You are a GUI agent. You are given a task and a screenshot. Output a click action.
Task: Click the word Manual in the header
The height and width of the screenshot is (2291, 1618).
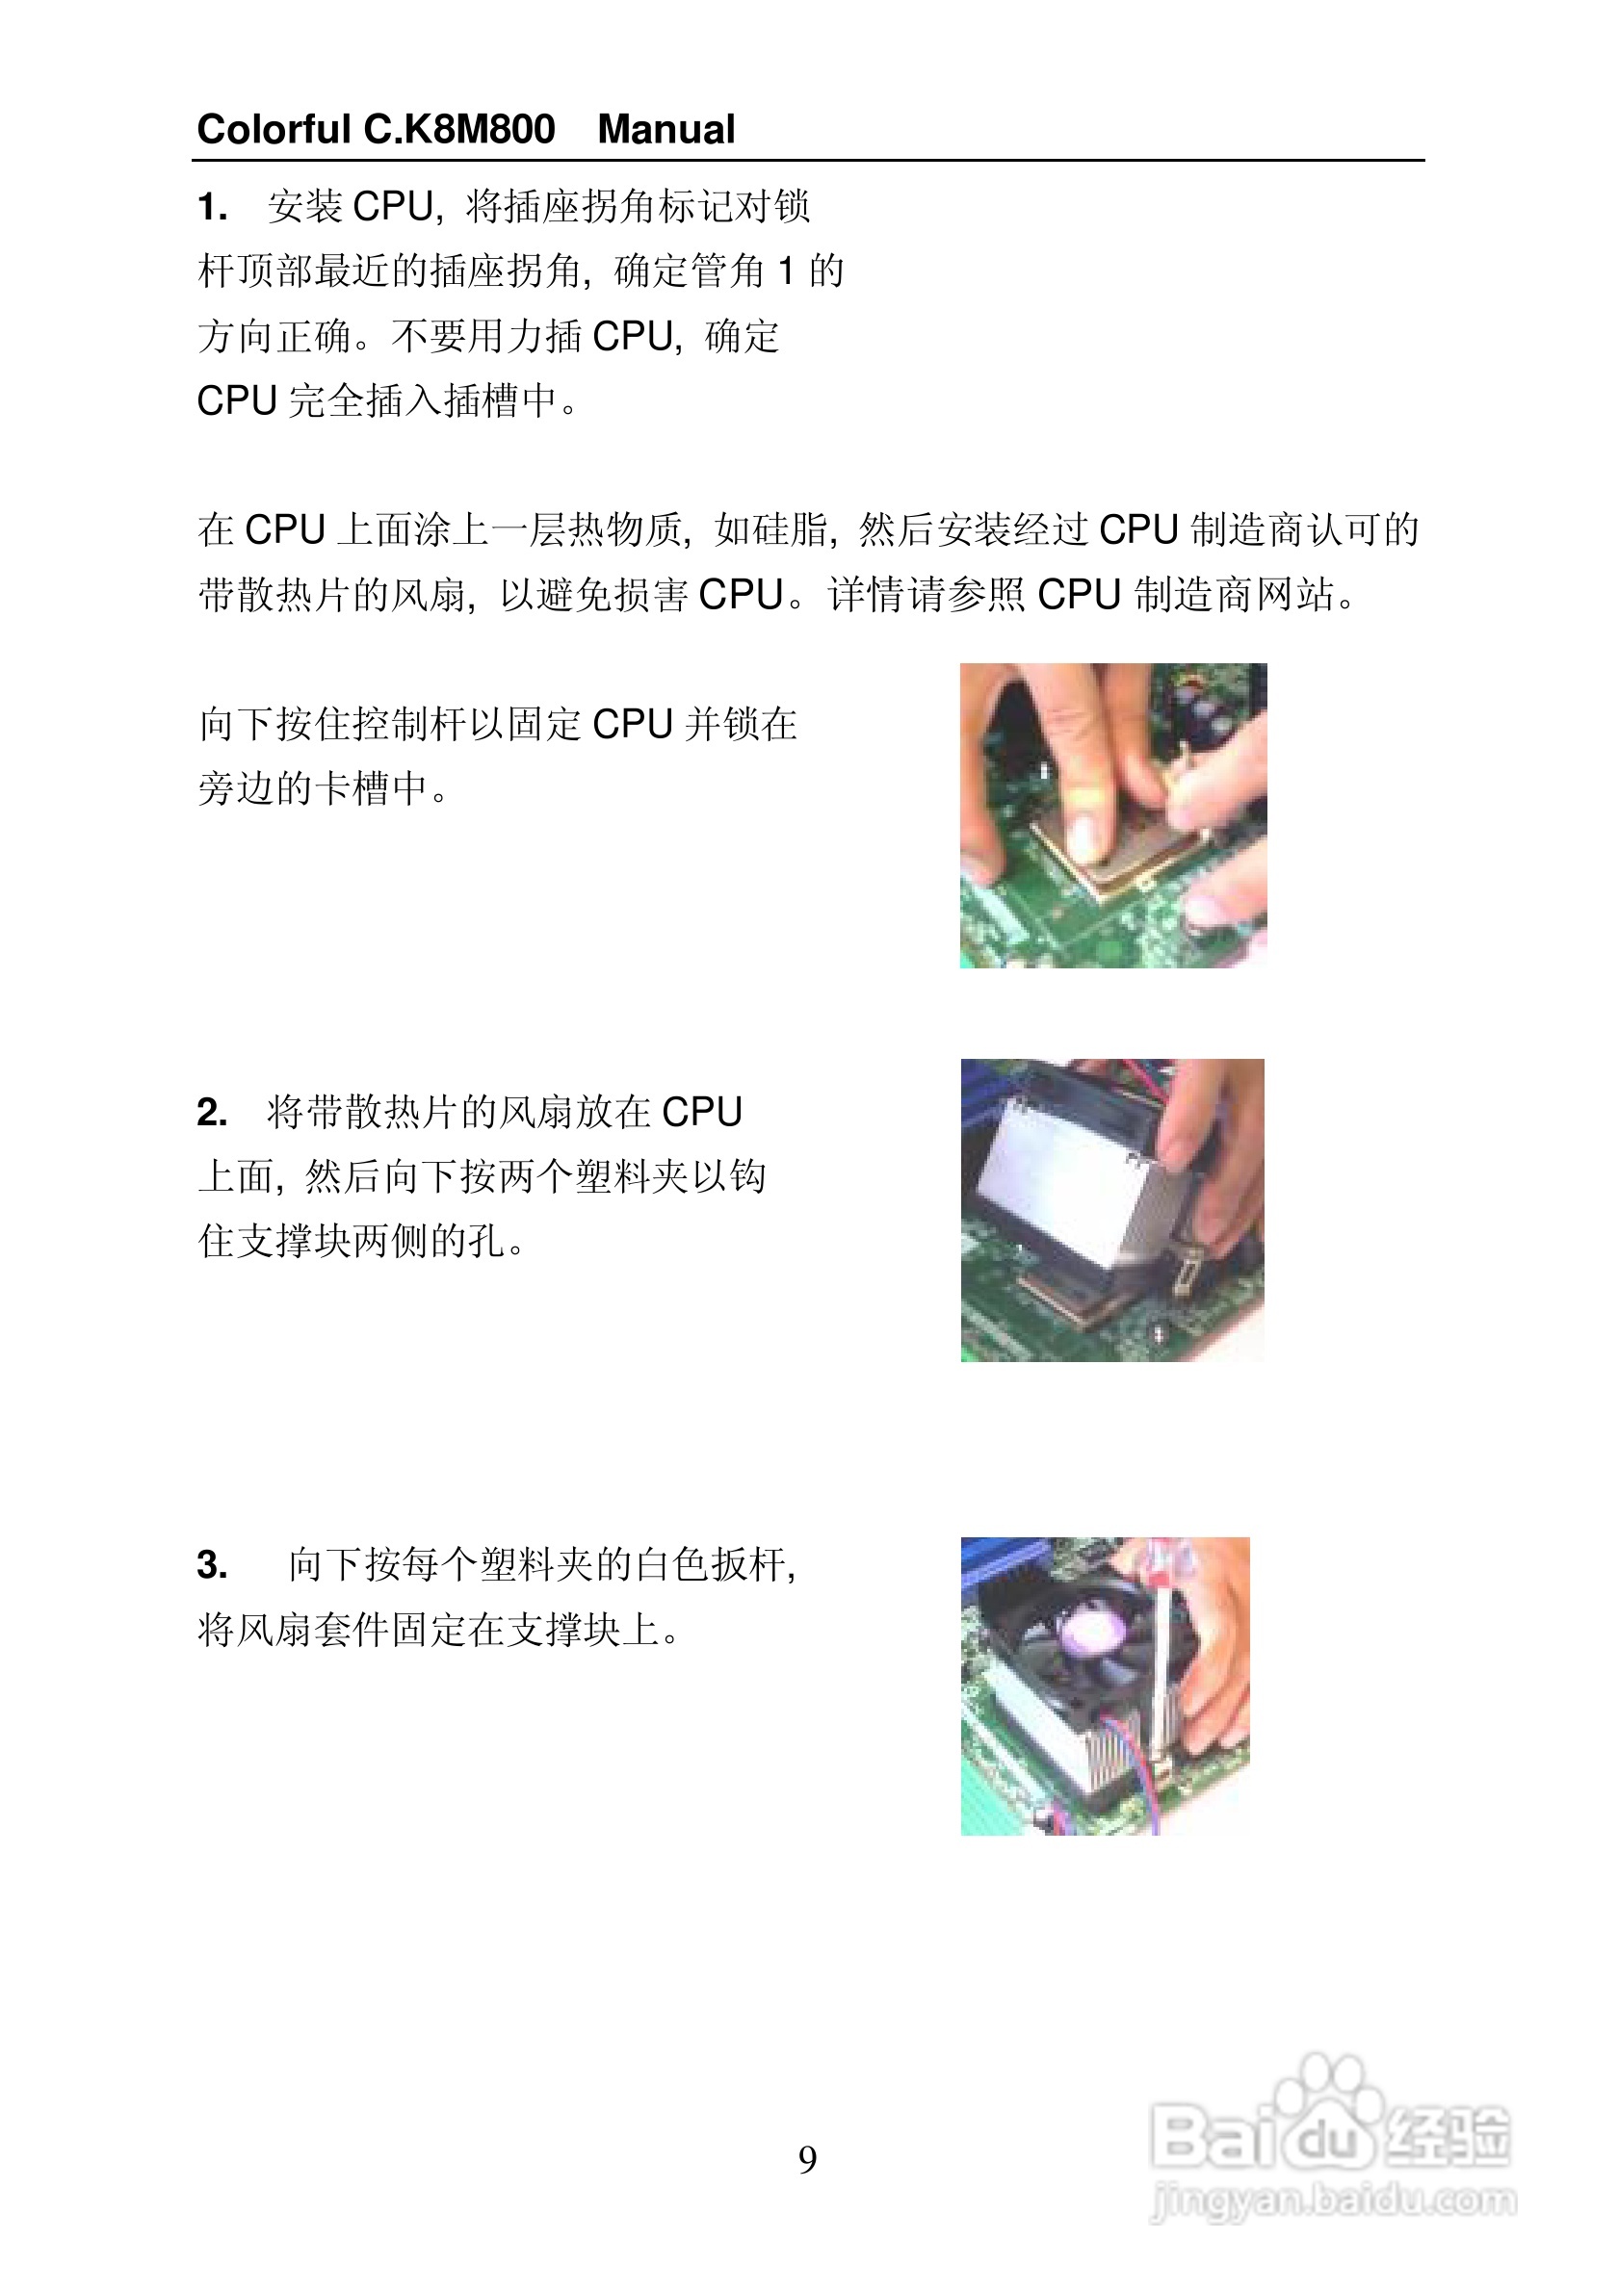pos(665,130)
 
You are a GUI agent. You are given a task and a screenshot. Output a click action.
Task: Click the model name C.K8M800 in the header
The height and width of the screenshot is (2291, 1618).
pos(459,130)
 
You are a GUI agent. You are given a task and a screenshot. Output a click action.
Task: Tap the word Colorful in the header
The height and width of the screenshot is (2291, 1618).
pos(274,130)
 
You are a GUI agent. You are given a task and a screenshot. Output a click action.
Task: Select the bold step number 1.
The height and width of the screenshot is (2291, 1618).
pos(212,208)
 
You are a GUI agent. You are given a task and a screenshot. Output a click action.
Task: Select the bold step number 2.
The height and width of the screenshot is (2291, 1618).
pos(212,1112)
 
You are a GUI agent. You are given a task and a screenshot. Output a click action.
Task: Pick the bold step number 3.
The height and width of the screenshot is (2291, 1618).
pos(212,1564)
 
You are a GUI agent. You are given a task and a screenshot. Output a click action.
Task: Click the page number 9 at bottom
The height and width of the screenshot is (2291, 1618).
pos(807,2159)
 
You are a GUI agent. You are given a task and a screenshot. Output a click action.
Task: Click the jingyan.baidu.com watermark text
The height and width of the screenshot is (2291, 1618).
pos(1333,2200)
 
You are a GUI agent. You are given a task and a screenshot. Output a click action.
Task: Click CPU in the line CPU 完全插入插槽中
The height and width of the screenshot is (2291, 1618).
pos(237,401)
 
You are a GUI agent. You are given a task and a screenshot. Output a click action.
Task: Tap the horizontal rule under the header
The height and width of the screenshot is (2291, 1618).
pos(807,160)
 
